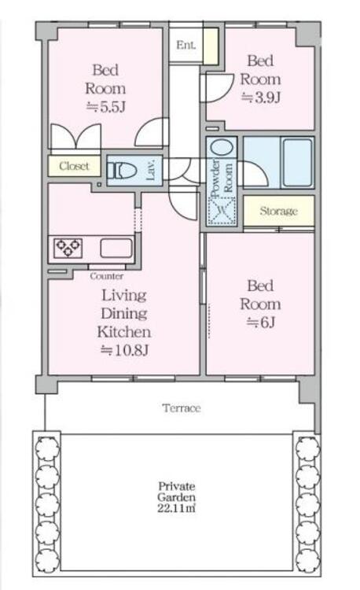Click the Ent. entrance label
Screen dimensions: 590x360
tap(186, 45)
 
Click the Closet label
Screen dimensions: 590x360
tap(74, 166)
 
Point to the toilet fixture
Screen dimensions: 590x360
tap(123, 170)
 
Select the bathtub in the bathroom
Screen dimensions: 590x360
tap(297, 162)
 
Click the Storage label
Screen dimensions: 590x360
tap(278, 211)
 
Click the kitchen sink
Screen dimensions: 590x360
tap(116, 248)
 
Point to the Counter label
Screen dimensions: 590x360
tap(107, 276)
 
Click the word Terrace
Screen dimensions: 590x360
tap(182, 408)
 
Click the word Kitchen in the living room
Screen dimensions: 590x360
tap(123, 331)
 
